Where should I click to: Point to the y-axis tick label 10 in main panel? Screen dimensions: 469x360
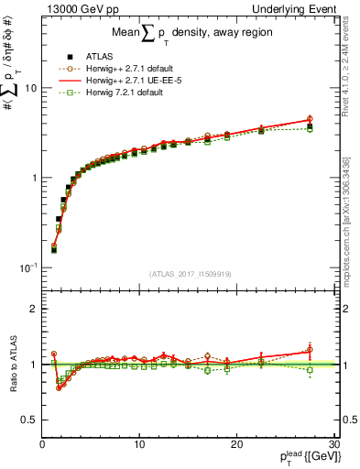tap(29, 88)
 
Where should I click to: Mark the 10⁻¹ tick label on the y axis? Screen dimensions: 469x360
tap(27, 267)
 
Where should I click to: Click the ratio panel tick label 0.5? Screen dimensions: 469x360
tap(28, 420)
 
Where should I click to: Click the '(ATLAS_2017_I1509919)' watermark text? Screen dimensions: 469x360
tap(189, 273)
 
